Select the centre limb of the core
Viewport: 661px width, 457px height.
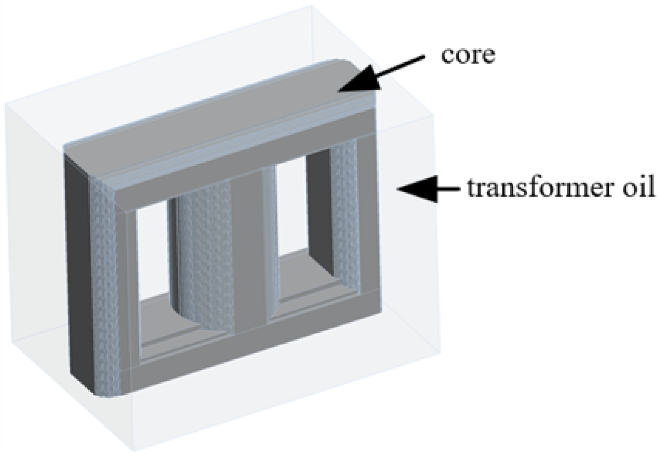click(249, 249)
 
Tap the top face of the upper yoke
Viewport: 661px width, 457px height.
click(218, 117)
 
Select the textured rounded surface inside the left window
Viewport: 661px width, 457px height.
click(202, 253)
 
